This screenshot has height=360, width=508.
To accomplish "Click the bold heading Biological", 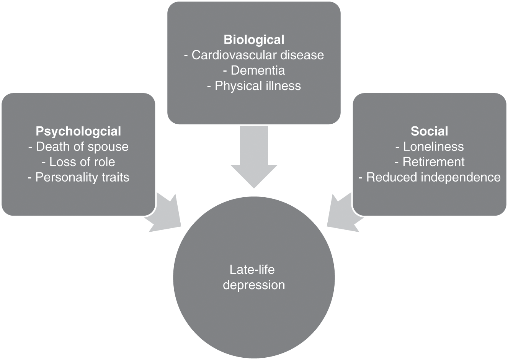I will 254,40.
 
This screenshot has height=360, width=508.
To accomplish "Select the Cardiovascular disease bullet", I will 254,55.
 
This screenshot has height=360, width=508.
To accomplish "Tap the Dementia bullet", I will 254,70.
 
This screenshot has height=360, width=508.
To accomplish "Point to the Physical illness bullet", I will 254,86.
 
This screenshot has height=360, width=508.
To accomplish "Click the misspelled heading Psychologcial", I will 78,131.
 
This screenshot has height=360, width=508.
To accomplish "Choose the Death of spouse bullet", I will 78,147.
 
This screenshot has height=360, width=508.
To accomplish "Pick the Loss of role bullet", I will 78,162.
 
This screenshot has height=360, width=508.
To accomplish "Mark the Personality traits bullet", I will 78,177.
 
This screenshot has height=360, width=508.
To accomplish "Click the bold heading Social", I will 429,131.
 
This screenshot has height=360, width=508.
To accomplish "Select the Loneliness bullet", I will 429,147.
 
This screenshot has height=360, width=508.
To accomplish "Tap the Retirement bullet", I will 429,162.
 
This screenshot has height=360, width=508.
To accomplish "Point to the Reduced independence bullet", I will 429,177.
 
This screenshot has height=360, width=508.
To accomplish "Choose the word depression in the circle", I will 254,285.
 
